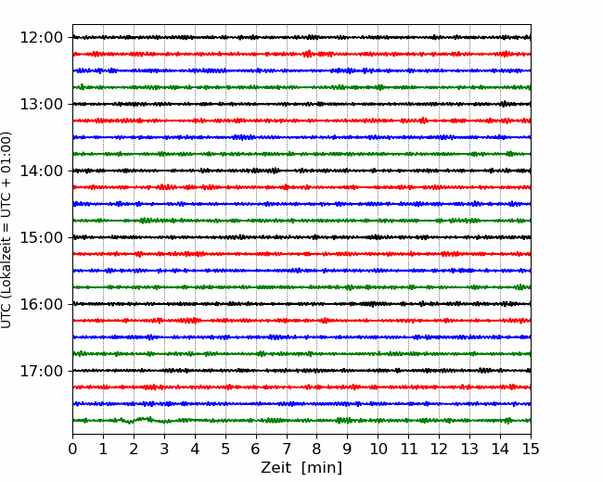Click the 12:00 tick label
41,38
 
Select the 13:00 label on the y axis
41,104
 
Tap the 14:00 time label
41,171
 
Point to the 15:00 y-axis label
41,237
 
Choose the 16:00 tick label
41,304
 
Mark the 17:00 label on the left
41,371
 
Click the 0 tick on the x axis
72,449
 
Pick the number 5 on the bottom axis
225,449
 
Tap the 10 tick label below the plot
378,449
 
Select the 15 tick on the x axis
531,449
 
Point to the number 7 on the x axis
287,449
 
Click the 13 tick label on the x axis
469,449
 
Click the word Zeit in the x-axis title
276,467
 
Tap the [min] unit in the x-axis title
322,468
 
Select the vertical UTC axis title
6,230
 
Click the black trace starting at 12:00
301,37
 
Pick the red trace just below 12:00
301,54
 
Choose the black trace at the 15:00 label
301,237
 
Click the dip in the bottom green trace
130,423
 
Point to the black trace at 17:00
301,371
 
